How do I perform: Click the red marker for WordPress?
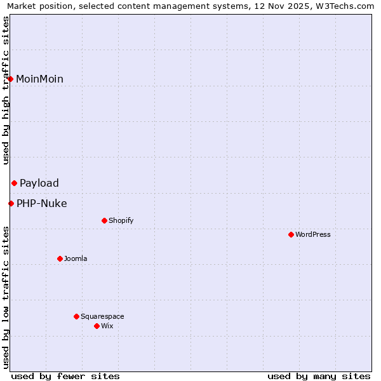(x=291, y=234)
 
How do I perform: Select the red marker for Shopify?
(x=104, y=220)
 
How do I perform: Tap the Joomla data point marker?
(x=60, y=258)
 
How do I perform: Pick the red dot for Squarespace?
(x=76, y=316)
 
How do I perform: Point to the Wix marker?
(x=97, y=326)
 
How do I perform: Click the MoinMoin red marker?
(x=11, y=79)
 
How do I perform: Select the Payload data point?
(x=14, y=183)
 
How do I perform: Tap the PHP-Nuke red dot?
(x=11, y=203)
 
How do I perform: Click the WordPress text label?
(x=313, y=234)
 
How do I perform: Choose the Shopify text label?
(x=121, y=220)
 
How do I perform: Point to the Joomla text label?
(x=76, y=258)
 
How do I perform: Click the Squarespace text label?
(x=102, y=316)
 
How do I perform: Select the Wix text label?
(x=107, y=326)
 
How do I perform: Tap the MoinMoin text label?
(x=39, y=79)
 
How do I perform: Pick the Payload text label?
(x=39, y=183)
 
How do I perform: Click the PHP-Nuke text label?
(x=42, y=203)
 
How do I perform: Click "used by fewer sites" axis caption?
(x=65, y=376)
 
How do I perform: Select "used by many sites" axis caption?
(x=319, y=376)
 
